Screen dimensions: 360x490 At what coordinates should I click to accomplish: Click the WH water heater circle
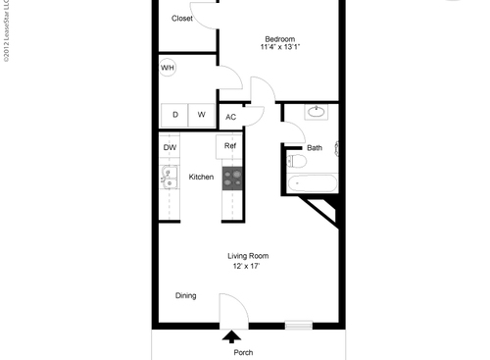pyautogui.click(x=168, y=68)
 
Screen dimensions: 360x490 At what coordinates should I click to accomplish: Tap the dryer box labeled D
pyautogui.click(x=175, y=115)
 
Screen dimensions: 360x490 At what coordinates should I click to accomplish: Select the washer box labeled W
pyautogui.click(x=202, y=115)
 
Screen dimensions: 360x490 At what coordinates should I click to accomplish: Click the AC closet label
pyautogui.click(x=231, y=117)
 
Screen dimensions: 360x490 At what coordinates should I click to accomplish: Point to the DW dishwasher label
pyautogui.click(x=170, y=147)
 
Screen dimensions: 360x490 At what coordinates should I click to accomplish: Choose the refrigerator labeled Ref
pyautogui.click(x=230, y=146)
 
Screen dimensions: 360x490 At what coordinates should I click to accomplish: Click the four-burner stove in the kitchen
pyautogui.click(x=232, y=177)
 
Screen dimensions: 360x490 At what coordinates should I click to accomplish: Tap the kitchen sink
pyautogui.click(x=168, y=178)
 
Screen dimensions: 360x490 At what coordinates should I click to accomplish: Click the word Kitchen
pyautogui.click(x=201, y=178)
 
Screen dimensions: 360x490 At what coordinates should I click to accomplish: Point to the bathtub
pyautogui.click(x=315, y=181)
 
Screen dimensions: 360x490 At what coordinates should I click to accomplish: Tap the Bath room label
pyautogui.click(x=314, y=148)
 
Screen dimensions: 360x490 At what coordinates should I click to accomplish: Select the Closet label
pyautogui.click(x=182, y=19)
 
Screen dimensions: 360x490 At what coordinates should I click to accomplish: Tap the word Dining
pyautogui.click(x=185, y=295)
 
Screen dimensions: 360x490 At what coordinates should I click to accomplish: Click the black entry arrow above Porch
pyautogui.click(x=231, y=336)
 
